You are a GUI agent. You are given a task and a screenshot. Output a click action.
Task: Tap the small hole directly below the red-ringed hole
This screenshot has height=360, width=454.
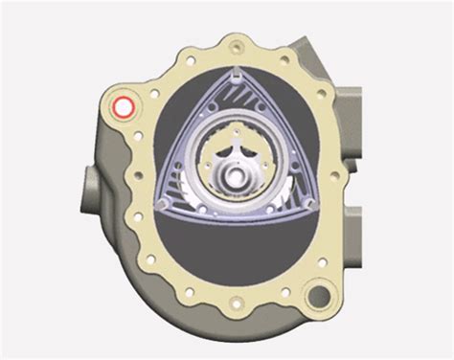pos(125,144)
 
